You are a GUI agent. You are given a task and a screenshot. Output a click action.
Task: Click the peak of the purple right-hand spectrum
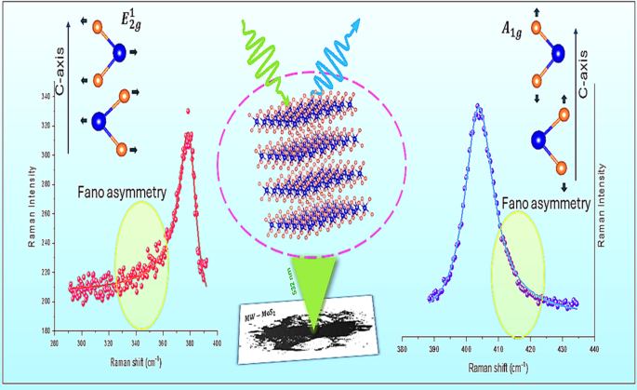point(478,107)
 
